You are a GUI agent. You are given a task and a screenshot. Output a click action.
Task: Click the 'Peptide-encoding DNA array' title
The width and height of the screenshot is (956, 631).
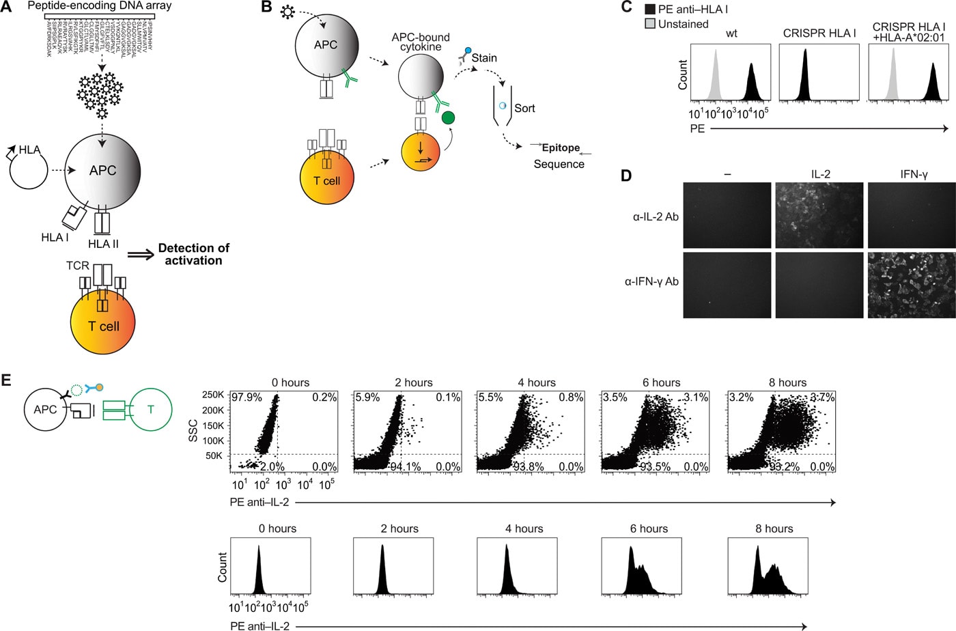pyautogui.click(x=100, y=5)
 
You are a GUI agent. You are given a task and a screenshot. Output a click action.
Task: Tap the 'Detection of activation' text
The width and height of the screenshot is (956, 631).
pyautogui.click(x=193, y=254)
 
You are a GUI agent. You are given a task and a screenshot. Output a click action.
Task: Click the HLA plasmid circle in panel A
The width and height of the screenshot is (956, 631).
pyautogui.click(x=29, y=171)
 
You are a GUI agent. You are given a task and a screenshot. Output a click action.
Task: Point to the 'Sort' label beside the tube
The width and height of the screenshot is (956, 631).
pyautogui.click(x=524, y=108)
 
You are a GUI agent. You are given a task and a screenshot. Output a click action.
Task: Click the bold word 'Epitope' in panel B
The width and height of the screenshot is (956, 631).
pyautogui.click(x=561, y=148)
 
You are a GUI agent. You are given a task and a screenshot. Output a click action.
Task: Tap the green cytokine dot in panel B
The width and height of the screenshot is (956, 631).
pyautogui.click(x=448, y=118)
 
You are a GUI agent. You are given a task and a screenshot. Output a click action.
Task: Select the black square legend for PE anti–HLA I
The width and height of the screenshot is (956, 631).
pyautogui.click(x=650, y=10)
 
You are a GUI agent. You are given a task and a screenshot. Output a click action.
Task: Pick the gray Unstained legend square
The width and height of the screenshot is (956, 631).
pyautogui.click(x=650, y=24)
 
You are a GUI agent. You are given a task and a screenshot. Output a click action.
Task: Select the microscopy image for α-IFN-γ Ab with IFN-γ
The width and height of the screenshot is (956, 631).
pyautogui.click(x=911, y=285)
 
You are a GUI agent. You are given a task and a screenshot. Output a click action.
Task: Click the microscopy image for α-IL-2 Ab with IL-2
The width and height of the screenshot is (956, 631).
pyautogui.click(x=819, y=215)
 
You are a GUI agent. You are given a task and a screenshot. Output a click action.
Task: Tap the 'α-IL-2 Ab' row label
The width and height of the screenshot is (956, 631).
pyautogui.click(x=656, y=217)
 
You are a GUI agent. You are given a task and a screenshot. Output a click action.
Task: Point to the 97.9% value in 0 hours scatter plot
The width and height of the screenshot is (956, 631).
pyautogui.click(x=247, y=397)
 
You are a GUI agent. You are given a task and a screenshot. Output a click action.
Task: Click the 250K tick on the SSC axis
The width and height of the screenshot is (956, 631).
pyautogui.click(x=213, y=395)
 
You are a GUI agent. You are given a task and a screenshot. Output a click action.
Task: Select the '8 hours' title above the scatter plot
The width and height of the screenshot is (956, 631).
pyautogui.click(x=787, y=382)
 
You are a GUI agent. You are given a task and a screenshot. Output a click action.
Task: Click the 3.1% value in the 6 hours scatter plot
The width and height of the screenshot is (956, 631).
pyautogui.click(x=696, y=397)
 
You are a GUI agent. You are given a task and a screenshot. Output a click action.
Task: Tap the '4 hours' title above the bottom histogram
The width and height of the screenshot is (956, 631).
pyautogui.click(x=524, y=529)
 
